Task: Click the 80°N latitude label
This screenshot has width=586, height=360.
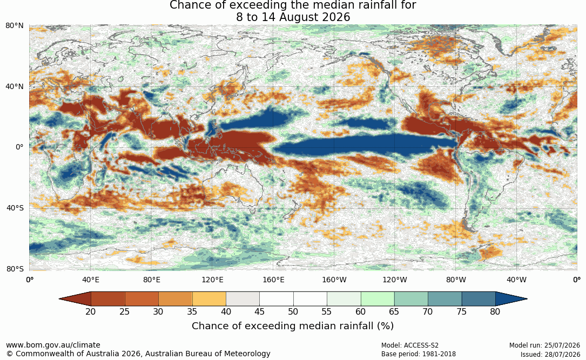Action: [x=14, y=26]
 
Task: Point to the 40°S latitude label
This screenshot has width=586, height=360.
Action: [x=15, y=208]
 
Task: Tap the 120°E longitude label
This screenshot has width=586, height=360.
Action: [x=212, y=280]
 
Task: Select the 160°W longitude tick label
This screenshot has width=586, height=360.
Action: [x=334, y=280]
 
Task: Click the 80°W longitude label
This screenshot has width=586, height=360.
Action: [x=456, y=280]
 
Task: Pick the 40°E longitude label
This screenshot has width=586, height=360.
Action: [x=90, y=280]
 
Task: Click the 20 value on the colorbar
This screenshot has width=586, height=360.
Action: [x=91, y=311]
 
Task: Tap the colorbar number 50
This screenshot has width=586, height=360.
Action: [x=293, y=311]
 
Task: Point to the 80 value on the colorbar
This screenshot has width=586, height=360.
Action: [x=495, y=311]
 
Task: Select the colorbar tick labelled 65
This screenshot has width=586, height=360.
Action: [x=394, y=311]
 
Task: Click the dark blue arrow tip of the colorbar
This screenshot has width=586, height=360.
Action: [x=527, y=299]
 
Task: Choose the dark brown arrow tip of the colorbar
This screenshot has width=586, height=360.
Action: [x=59, y=299]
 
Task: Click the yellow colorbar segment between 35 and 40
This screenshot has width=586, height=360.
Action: [x=209, y=299]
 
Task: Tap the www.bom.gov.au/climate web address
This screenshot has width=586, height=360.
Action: [x=53, y=345]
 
